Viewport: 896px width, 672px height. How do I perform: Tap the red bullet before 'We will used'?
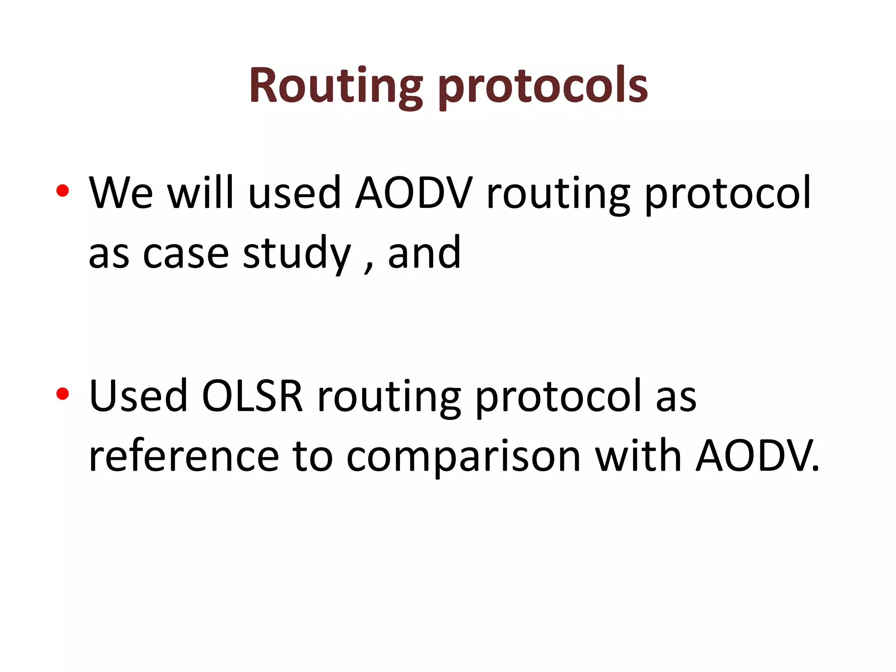(63, 191)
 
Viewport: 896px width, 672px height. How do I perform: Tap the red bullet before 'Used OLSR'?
(63, 394)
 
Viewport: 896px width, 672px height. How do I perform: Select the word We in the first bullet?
(121, 192)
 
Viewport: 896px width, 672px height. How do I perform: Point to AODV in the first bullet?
(413, 192)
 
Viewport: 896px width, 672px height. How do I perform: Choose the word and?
(424, 253)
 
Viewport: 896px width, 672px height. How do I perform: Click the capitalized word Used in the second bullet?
(138, 395)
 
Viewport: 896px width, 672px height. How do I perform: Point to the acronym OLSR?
(252, 395)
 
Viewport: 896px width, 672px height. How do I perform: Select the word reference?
(184, 456)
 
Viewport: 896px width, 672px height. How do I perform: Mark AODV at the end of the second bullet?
(755, 456)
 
